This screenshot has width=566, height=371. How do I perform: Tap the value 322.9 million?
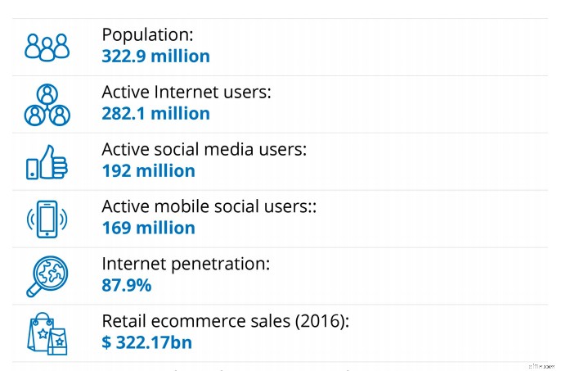click(x=155, y=57)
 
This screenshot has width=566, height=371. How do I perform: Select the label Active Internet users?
click(x=186, y=93)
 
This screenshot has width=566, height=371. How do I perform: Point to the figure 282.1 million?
click(x=155, y=114)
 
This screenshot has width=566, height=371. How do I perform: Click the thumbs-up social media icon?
click(x=47, y=161)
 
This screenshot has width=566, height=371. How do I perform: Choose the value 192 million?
click(x=148, y=171)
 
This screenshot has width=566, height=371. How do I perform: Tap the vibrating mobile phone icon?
click(x=47, y=219)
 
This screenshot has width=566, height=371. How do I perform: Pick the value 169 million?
click(x=148, y=228)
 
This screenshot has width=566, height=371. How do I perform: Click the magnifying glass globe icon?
click(x=47, y=275)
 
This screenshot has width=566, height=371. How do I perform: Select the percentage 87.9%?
click(x=127, y=286)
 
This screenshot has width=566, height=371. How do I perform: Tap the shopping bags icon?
click(x=47, y=333)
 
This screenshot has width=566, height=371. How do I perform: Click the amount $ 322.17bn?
click(x=146, y=343)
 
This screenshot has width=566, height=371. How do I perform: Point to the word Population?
click(x=144, y=35)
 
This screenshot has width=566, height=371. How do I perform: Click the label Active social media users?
click(x=204, y=150)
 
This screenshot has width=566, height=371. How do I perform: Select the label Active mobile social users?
click(x=209, y=207)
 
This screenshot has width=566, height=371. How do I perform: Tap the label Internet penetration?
click(x=186, y=265)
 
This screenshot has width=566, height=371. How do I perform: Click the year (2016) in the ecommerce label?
click(x=319, y=322)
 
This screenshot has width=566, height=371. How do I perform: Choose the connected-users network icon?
click(x=47, y=104)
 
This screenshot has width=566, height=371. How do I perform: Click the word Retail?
click(x=124, y=322)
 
